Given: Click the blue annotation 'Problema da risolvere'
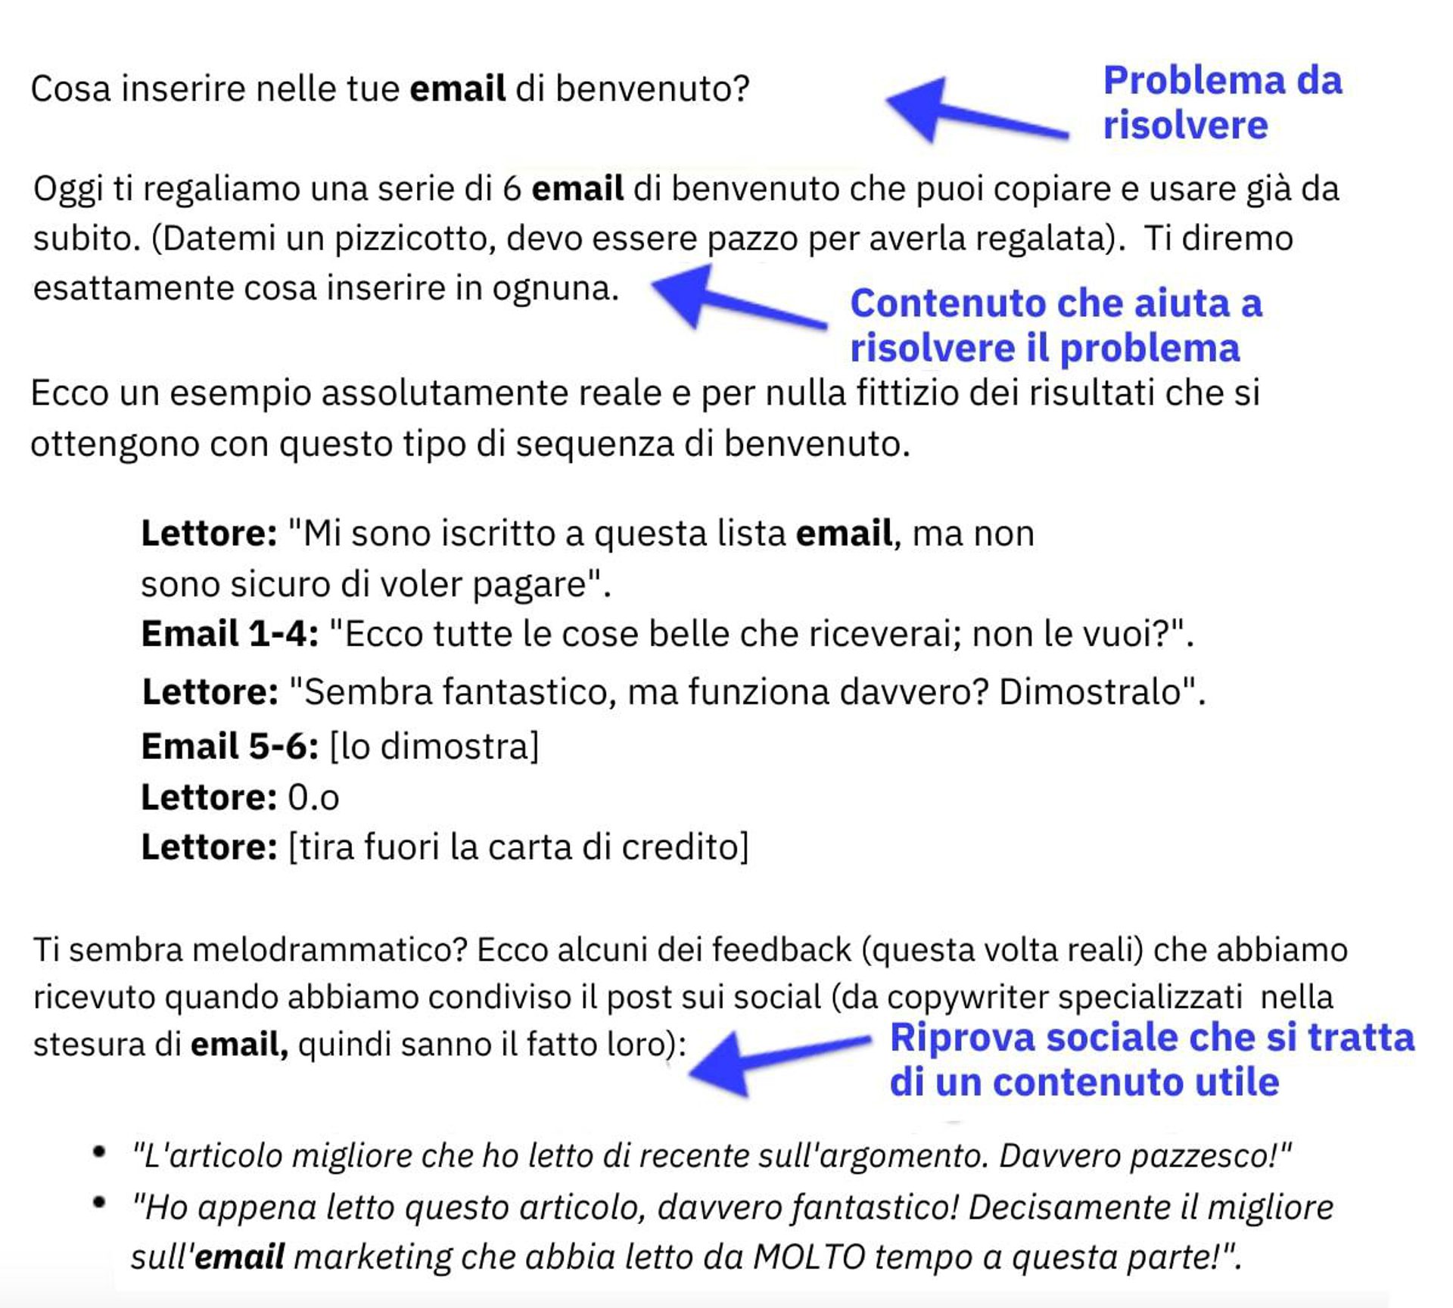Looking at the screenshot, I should tap(1221, 102).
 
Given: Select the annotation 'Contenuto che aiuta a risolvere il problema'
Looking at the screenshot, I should tap(1056, 325).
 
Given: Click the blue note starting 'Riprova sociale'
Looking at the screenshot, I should tap(1151, 1059).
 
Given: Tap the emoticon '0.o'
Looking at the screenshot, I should tap(313, 798).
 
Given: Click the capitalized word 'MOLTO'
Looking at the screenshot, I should tap(809, 1257).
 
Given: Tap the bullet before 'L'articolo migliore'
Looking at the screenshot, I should tap(99, 1152).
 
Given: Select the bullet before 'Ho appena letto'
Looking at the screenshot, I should tap(99, 1202).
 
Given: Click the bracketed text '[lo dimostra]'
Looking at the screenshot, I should tap(434, 747).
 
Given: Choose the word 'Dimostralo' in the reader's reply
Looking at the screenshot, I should tap(1091, 691).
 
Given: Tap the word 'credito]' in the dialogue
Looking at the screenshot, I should tap(685, 847).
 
